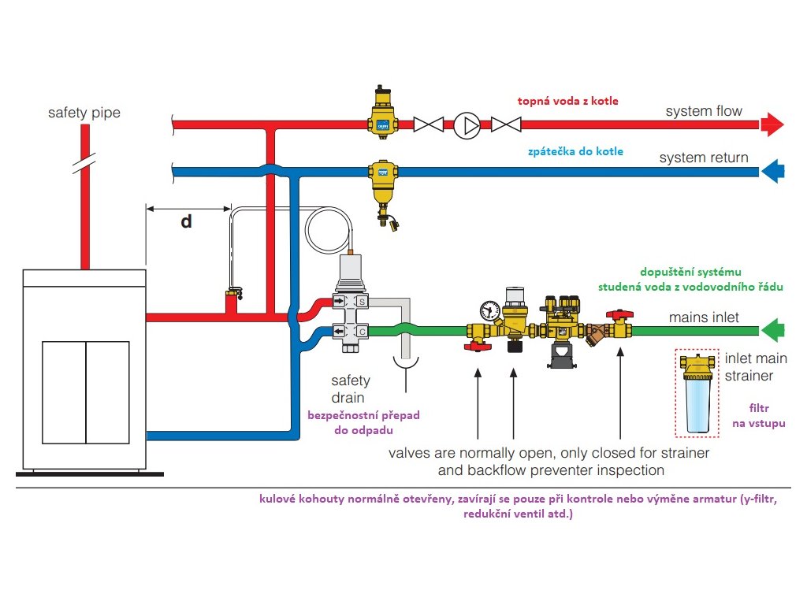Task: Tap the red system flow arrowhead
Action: [x=772, y=124]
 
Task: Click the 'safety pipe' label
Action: [x=84, y=113]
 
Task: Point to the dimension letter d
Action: [x=186, y=221]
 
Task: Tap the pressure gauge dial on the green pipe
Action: [x=488, y=308]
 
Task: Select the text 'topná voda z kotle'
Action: [x=567, y=101]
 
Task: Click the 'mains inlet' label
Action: [x=705, y=318]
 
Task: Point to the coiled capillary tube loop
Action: [x=332, y=231]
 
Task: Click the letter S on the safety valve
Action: [x=362, y=302]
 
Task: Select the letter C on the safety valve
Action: [x=362, y=332]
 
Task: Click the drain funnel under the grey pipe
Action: [x=406, y=362]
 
